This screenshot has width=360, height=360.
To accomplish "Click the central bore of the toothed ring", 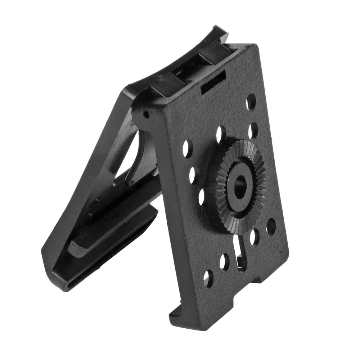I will click(239, 186).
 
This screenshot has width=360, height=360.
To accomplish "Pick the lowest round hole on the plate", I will click(208, 278).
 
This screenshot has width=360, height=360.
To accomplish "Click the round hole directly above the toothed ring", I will click(221, 134).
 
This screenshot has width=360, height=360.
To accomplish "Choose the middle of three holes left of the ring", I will click(193, 174).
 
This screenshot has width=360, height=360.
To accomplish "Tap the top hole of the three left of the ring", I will click(187, 148).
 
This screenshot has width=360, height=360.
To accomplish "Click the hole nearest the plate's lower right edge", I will click(271, 227).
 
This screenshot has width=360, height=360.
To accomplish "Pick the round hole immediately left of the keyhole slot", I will click(225, 262).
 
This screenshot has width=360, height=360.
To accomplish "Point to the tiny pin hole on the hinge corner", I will click(146, 115).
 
